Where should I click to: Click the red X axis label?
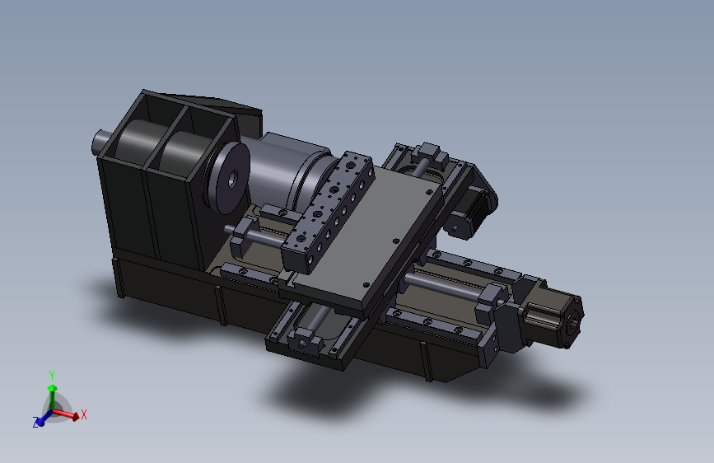click(84, 414)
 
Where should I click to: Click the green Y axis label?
click(52, 376)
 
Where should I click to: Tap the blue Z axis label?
click(35, 423)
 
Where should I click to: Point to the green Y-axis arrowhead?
click(53, 388)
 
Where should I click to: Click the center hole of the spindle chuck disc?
click(232, 180)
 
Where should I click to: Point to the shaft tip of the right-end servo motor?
click(575, 320)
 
